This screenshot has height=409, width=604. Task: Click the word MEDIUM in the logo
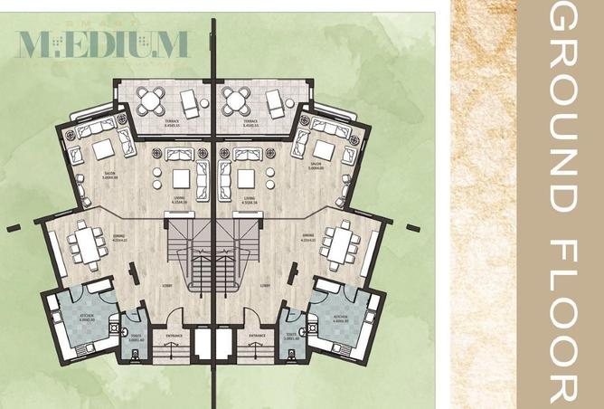pos(102,43)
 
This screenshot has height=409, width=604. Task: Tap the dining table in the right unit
pos(341,243)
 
